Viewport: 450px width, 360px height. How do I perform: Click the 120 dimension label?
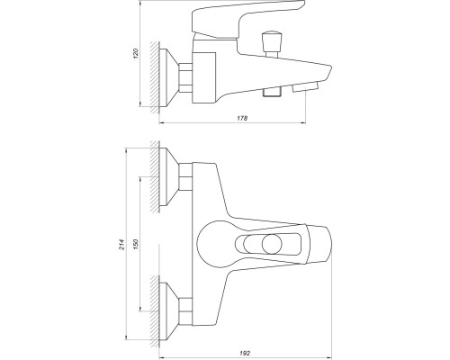(x=137, y=53)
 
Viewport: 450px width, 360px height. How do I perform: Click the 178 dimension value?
(x=242, y=118)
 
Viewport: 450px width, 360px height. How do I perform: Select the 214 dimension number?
(x=121, y=245)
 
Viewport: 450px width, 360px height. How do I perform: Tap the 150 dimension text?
(x=136, y=245)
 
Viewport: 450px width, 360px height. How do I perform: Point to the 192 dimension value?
(x=245, y=354)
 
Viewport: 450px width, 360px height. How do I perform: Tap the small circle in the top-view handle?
(x=272, y=244)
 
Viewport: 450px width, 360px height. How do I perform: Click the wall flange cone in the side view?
(x=169, y=78)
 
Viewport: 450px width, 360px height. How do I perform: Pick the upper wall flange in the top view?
(x=169, y=177)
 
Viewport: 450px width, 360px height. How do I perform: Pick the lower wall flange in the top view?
(x=169, y=311)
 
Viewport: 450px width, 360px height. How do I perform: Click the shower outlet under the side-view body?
(x=272, y=92)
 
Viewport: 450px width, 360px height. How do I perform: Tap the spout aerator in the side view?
(x=305, y=87)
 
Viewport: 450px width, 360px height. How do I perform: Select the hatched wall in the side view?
(x=155, y=77)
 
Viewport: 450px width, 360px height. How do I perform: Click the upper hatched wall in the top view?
(x=155, y=177)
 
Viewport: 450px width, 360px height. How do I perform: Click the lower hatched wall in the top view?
(x=155, y=311)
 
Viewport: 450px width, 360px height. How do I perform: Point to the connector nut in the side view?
(x=185, y=77)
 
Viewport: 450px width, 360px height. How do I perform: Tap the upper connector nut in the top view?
(x=185, y=177)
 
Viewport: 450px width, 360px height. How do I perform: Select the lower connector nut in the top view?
(x=185, y=311)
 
